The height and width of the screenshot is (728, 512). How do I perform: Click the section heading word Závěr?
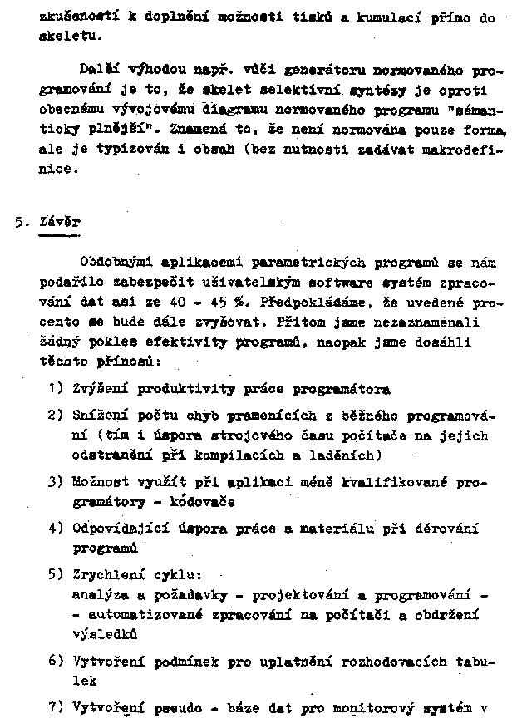click(x=59, y=223)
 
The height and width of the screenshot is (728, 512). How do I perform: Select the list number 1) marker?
click(x=56, y=388)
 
